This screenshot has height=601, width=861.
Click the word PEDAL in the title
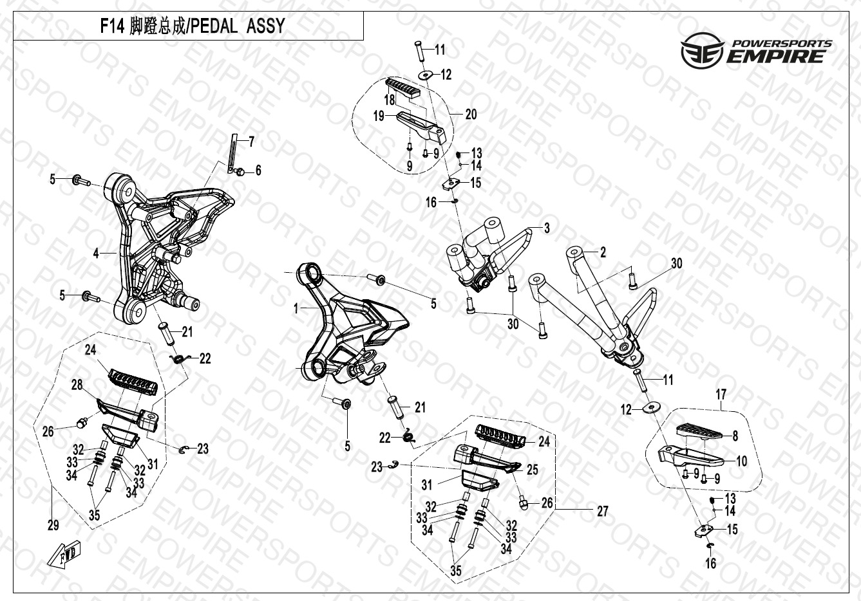[x=214, y=26]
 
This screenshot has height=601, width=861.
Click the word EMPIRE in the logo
[x=775, y=57]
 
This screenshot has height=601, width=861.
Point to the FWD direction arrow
[x=64, y=553]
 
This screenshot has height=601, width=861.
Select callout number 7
[x=251, y=142]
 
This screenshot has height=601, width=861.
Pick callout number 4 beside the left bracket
[x=96, y=254]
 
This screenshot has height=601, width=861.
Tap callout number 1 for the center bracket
[x=296, y=308]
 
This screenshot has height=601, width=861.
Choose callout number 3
[x=547, y=228]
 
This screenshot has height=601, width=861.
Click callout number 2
[x=603, y=252]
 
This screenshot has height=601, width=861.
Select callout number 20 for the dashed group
[x=471, y=115]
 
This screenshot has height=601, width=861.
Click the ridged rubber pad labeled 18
[x=404, y=89]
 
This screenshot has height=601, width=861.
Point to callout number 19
[x=379, y=116]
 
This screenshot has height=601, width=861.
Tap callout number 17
[x=721, y=394]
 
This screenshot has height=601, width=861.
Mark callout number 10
[x=741, y=461]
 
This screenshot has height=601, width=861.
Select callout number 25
[x=532, y=469]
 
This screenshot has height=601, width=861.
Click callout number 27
[x=603, y=511]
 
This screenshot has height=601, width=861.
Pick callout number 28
[x=77, y=385]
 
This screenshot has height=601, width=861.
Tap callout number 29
[x=53, y=525]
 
